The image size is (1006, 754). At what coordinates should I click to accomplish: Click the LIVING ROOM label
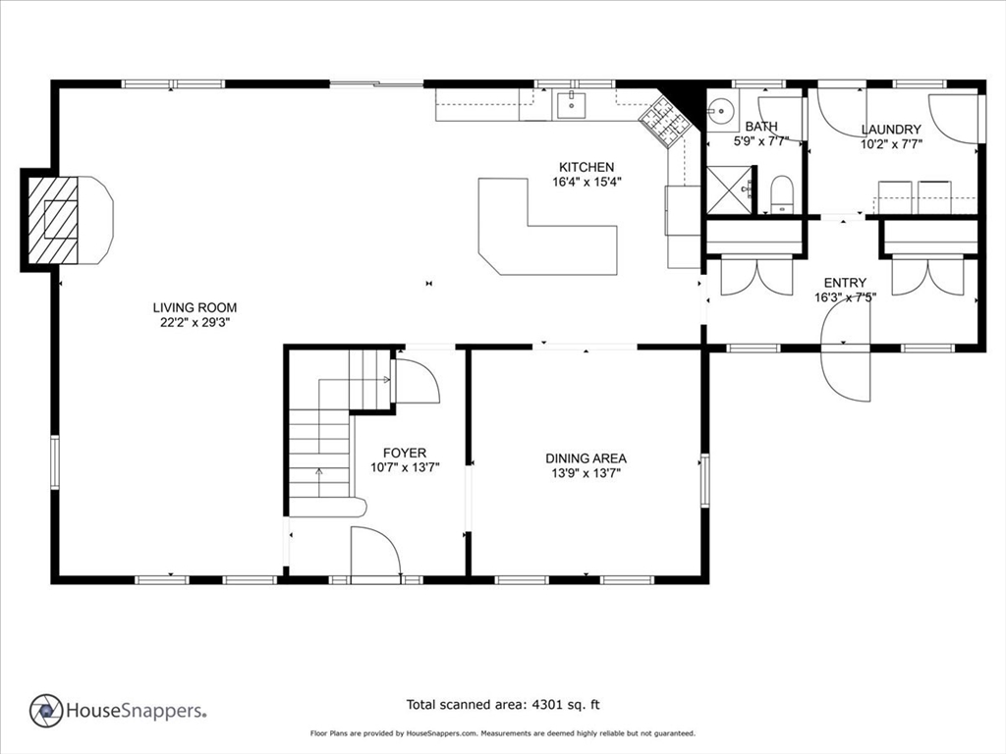(x=195, y=307)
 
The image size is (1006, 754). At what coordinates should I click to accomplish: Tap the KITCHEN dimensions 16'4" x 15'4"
(x=587, y=182)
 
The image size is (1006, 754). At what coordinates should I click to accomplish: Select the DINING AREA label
(x=586, y=458)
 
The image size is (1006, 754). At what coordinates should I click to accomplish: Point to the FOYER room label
(x=404, y=453)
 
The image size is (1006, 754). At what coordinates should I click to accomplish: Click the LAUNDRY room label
(x=891, y=130)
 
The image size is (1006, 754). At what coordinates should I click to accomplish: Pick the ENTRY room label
(x=845, y=283)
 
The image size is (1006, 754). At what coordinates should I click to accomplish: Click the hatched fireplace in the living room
(x=53, y=220)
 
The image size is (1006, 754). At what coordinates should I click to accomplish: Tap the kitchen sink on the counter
(x=571, y=104)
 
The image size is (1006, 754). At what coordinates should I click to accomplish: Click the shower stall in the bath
(x=728, y=189)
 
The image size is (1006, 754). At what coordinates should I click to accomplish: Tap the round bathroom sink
(x=722, y=110)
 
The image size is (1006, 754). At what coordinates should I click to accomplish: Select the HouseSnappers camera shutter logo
(x=46, y=711)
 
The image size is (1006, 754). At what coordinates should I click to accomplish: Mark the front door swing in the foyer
(x=376, y=552)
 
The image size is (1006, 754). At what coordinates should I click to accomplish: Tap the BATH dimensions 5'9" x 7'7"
(x=761, y=141)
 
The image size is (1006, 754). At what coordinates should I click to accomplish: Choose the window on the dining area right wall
(x=705, y=480)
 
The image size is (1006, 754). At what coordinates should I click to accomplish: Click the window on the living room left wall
(x=55, y=462)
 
